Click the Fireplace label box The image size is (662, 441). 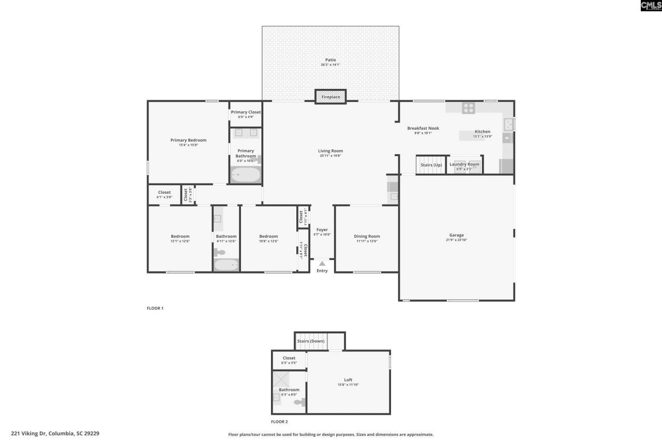tap(330, 97)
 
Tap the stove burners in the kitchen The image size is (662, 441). tap(468, 108)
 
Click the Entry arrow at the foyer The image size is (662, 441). tap(322, 264)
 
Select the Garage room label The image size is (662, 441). tap(456, 235)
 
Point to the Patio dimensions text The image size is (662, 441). tap(330, 65)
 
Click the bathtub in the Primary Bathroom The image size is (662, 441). tap(245, 175)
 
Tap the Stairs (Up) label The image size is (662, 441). tap(431, 165)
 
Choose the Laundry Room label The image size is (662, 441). tap(464, 164)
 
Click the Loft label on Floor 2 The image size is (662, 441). tap(348, 379)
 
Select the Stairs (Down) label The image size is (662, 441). tap(310, 341)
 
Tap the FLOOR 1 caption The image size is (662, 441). tap(155, 308)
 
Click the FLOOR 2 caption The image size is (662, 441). tap(279, 422)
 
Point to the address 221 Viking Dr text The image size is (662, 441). tap(55, 433)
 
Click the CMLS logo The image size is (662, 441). tap(651, 6)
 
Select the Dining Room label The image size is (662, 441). tap(367, 236)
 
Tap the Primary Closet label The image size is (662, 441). tap(246, 112)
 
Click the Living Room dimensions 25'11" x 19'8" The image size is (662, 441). tap(330, 156)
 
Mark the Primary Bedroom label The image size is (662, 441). tap(188, 140)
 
